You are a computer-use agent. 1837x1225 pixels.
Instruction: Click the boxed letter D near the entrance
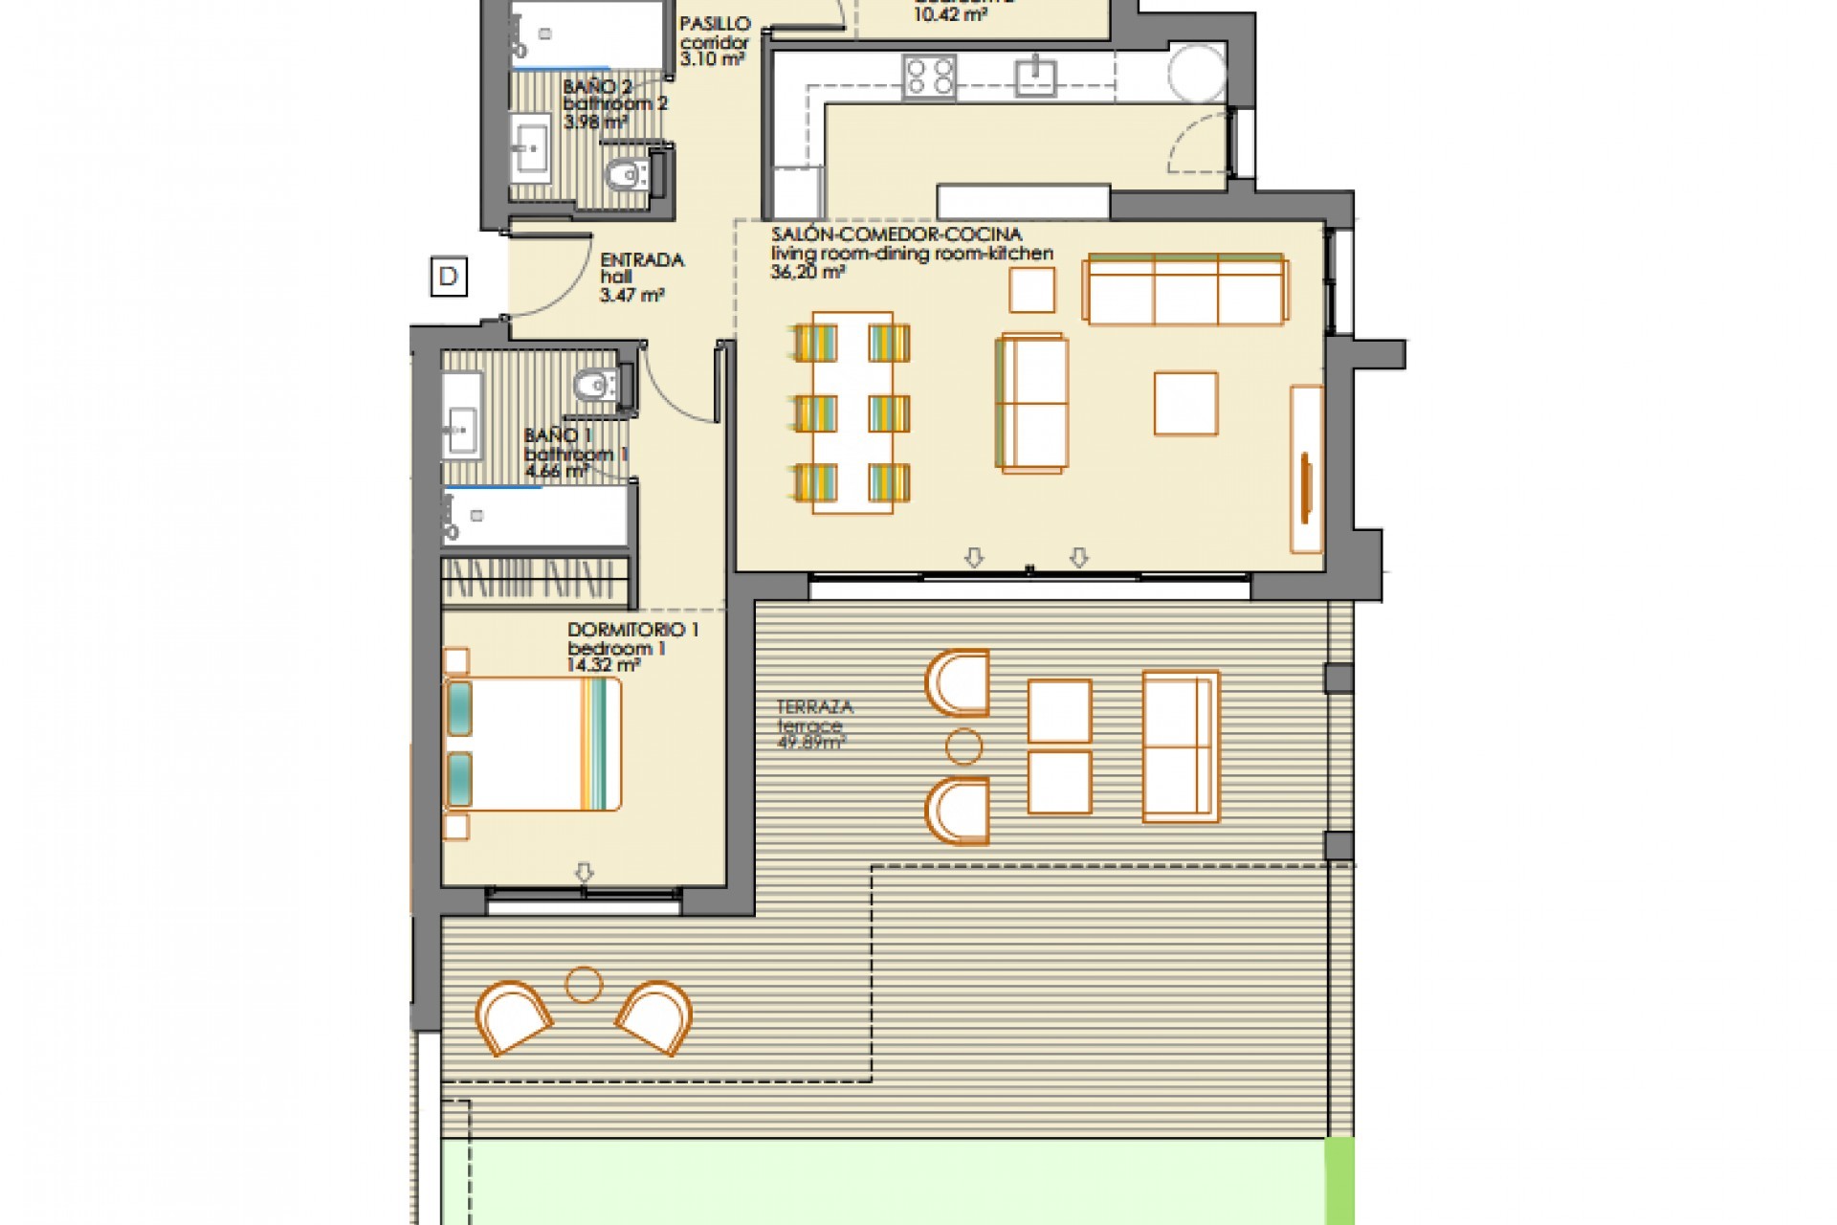(x=448, y=277)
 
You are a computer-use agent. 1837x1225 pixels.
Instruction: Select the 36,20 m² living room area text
(x=808, y=272)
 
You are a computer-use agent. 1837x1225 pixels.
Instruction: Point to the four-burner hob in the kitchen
(x=929, y=77)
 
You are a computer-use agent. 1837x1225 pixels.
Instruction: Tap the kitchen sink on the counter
(x=1036, y=76)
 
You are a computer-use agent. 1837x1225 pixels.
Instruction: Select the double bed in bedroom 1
(x=533, y=744)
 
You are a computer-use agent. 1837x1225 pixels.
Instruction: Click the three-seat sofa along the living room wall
(x=1184, y=289)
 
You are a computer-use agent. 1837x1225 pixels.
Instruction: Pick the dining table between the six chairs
(x=852, y=412)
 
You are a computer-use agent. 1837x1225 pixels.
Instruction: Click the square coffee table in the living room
(x=1185, y=404)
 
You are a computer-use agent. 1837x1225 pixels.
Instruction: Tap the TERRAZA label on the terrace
(x=814, y=707)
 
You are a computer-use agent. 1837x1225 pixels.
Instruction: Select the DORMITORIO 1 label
(x=632, y=630)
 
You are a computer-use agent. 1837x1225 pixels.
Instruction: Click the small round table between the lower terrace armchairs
(x=584, y=984)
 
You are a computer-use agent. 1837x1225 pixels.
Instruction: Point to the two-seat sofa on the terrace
(x=1181, y=746)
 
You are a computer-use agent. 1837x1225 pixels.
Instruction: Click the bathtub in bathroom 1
(x=536, y=518)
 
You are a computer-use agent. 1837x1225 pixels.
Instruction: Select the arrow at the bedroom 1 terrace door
(x=584, y=872)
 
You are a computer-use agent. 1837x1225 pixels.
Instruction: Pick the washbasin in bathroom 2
(x=529, y=148)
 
